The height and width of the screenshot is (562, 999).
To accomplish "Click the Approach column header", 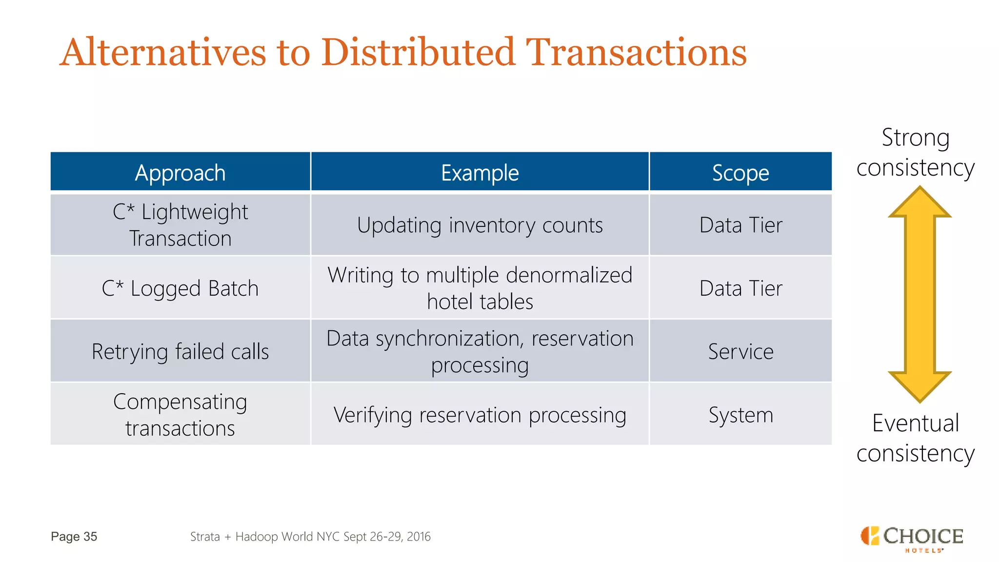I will click(180, 173).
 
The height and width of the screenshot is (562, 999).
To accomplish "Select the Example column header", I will click(480, 173).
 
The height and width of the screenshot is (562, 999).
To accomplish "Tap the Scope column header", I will click(740, 173).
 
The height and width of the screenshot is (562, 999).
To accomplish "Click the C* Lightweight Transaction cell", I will click(180, 225).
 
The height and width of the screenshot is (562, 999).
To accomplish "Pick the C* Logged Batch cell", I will click(180, 288).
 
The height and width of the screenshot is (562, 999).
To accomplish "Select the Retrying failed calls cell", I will click(180, 351).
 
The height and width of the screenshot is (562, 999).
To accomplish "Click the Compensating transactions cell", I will click(180, 415).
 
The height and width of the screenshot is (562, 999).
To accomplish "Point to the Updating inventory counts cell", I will click(480, 225).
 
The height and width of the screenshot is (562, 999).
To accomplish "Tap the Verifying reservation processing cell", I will click(480, 415).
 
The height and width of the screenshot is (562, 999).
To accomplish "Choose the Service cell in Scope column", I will click(740, 351).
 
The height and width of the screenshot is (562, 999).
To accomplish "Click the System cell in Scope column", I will click(740, 415).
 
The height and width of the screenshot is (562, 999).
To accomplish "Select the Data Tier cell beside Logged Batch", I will click(740, 288).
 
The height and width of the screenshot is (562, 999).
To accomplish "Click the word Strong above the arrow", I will click(916, 138).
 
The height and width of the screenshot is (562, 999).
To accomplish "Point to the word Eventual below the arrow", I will click(916, 423).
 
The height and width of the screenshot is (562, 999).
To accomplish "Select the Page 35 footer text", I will click(74, 537).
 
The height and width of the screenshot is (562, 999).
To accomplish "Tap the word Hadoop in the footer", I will click(257, 537).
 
